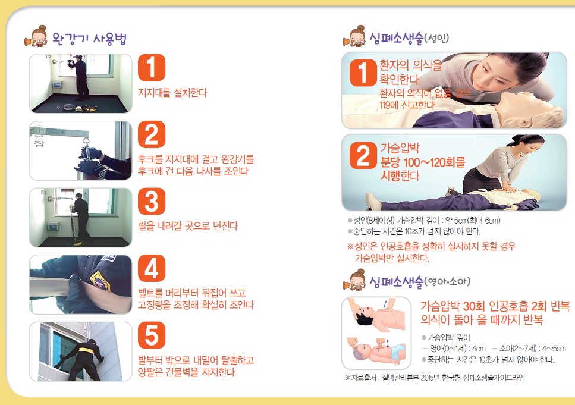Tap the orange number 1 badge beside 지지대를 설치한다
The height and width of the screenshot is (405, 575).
(151, 68)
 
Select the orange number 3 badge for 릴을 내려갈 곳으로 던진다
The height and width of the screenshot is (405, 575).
(151, 202)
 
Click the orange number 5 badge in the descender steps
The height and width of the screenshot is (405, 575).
(151, 336)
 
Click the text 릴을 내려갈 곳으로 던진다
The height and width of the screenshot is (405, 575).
(188, 226)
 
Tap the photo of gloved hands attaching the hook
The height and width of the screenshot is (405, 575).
(80, 150)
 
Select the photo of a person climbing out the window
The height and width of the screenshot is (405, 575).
(80, 351)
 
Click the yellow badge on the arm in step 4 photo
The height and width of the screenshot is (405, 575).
(99, 279)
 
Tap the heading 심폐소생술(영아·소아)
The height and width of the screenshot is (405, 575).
(416, 280)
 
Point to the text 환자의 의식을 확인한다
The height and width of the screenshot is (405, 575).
(411, 71)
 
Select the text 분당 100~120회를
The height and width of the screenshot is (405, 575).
(423, 162)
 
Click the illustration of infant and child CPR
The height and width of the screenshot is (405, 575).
(376, 333)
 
